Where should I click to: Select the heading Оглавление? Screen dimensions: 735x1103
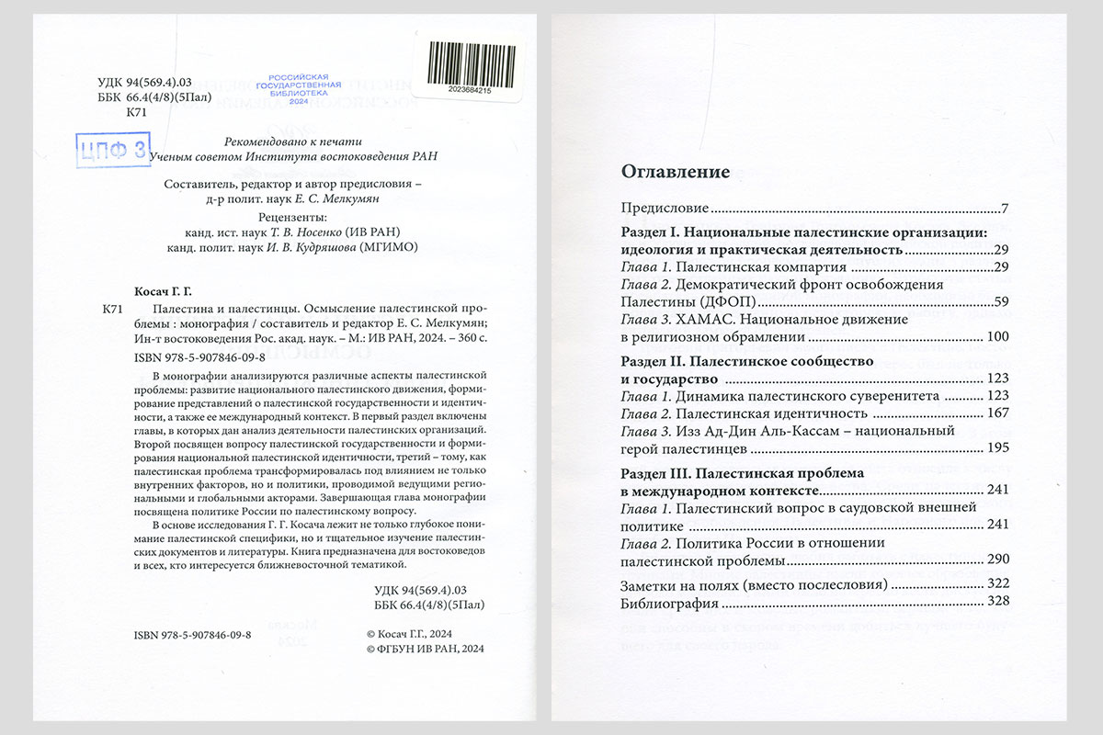click(x=676, y=171)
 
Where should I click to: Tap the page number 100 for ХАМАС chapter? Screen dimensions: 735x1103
click(x=999, y=338)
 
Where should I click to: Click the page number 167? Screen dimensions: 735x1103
click(x=999, y=413)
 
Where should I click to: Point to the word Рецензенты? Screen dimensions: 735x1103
click(x=292, y=217)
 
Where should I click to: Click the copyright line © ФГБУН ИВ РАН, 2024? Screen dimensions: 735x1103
click(x=424, y=648)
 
